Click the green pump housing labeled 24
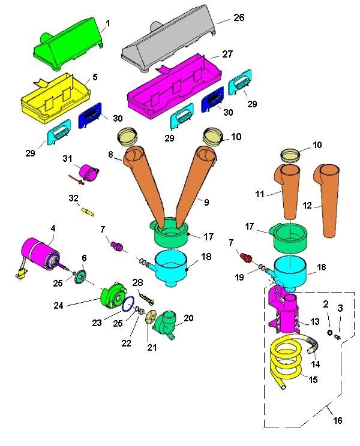click(114, 295)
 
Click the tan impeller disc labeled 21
click(150, 317)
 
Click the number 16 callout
click(338, 420)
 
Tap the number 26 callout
click(239, 17)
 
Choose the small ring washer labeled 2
click(329, 332)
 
